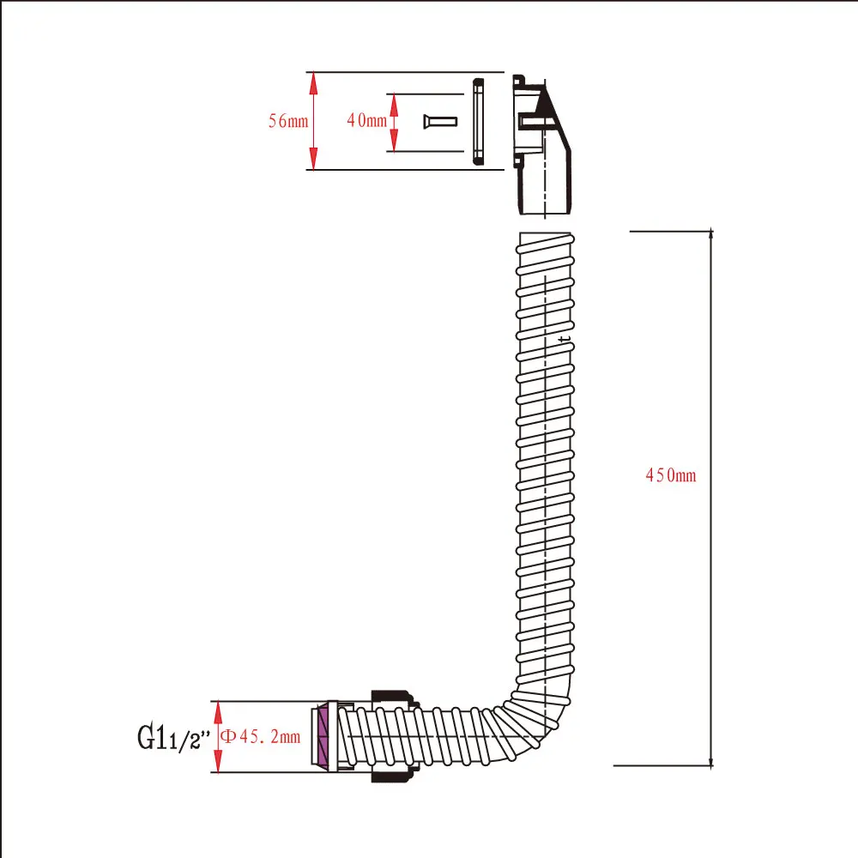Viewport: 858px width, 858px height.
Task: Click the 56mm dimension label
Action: coord(288,121)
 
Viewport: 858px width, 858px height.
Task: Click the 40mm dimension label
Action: coord(366,120)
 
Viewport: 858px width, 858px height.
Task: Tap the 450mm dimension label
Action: coord(671,475)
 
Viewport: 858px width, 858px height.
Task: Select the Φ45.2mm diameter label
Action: coord(261,736)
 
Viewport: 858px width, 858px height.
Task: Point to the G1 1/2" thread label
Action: coord(173,738)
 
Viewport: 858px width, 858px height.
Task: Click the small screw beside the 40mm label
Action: coord(440,121)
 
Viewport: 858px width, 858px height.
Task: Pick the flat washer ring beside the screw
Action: coord(478,121)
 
